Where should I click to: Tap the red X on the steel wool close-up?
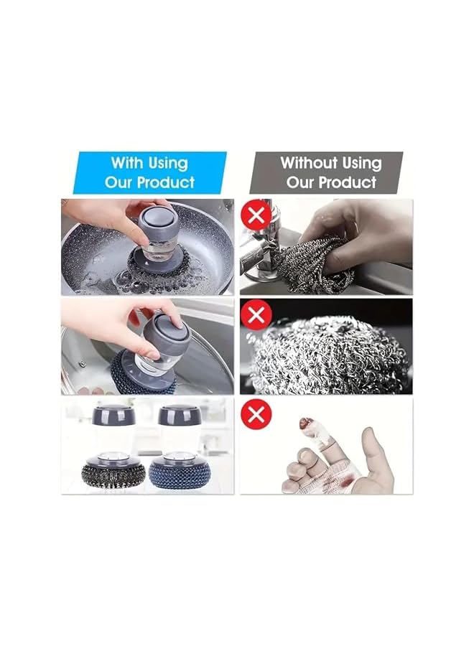pos(256,314)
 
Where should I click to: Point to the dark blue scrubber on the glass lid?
pos(139,373)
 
